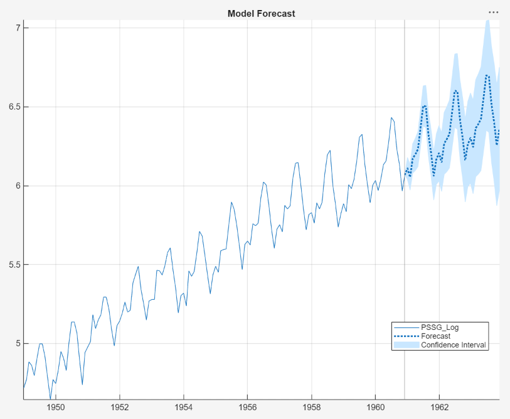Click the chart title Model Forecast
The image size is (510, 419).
pos(261,13)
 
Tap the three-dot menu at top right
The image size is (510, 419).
pos(494,12)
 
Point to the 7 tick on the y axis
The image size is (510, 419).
pos(19,28)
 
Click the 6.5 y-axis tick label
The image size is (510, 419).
pos(14,107)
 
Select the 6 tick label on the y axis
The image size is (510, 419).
pos(19,186)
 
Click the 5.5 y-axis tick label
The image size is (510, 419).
pos(14,265)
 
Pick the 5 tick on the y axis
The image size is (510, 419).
pos(19,344)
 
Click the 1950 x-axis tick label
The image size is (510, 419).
pos(56,407)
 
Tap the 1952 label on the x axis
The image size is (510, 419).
pos(120,407)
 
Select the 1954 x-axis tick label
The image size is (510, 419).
pos(184,407)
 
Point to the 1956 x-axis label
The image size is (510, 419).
pos(248,407)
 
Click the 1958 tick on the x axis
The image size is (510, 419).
pos(312,407)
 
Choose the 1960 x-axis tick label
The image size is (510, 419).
pos(375,407)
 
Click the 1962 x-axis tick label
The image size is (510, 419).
pos(439,407)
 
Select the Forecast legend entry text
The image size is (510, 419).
pos(435,336)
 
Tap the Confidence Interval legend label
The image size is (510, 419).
pos(453,345)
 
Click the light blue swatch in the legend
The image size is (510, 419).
pos(406,345)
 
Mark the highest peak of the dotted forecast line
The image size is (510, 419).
pos(487,75)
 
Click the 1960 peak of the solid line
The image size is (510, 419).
pos(391,117)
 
